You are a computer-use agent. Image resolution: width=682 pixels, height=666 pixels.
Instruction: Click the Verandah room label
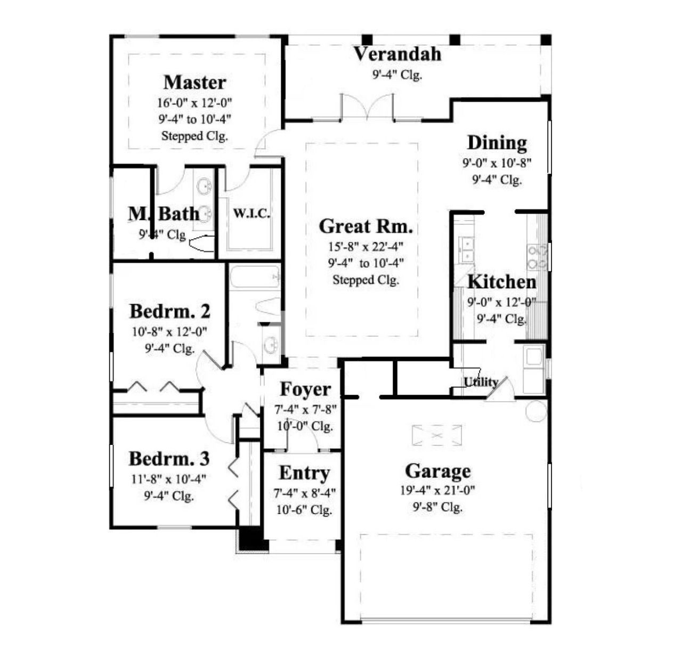pos(397,54)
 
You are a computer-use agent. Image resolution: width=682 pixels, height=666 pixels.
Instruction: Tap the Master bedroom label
pos(194,83)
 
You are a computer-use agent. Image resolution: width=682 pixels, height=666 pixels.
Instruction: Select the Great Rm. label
pos(366,226)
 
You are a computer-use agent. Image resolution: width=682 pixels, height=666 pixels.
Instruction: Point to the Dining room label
pos(497,143)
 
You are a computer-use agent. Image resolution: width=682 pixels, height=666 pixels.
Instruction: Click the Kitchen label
pos(501,282)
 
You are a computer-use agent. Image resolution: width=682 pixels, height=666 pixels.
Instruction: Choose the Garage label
pos(437,471)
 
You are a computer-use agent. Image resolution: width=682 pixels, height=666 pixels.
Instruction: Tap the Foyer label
pos(305,389)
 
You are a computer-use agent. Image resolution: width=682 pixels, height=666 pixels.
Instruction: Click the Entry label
pos(304,473)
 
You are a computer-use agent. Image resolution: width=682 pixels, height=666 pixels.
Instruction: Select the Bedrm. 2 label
pos(169,311)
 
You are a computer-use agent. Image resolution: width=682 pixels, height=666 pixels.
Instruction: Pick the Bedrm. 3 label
pos(169,459)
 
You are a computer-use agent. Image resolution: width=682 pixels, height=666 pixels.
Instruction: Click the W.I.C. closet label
pos(251,214)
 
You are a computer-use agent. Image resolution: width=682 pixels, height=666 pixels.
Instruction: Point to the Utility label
pos(480,382)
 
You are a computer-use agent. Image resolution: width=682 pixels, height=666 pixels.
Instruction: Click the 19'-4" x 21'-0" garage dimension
pos(437,490)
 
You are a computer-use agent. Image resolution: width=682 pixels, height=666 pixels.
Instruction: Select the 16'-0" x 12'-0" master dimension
pos(194,102)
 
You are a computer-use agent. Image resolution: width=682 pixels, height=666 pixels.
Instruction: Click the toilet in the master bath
pos(202,243)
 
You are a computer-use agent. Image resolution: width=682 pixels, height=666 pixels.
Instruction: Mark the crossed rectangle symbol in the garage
pos(437,435)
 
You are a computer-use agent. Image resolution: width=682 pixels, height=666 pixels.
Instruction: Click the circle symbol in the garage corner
pos(536,411)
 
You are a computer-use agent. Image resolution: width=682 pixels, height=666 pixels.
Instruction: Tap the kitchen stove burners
pos(537,257)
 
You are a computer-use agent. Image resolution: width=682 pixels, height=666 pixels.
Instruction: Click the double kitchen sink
pos(467,249)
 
